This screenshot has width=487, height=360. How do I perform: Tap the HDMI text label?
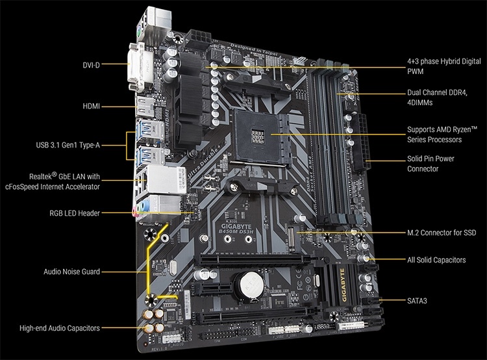tap(92, 106)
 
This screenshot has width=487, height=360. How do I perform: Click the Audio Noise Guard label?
tap(71, 272)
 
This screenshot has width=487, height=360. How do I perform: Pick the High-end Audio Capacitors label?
tap(60, 329)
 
